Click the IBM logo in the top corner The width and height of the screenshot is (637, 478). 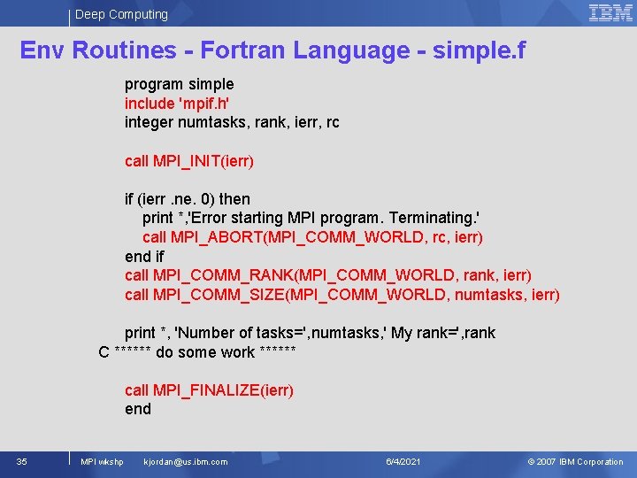coord(610,12)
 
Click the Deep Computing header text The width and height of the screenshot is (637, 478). coord(121,14)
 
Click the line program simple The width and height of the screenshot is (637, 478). coord(179,84)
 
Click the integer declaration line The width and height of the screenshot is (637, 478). coord(232,122)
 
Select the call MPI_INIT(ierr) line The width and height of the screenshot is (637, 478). coord(189,161)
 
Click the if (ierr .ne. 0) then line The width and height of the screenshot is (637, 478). coord(188,199)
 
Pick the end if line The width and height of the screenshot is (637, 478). coord(144,257)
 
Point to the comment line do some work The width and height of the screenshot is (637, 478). coord(197,352)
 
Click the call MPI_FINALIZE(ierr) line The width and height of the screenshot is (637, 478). coord(209,390)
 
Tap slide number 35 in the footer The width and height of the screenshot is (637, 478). coord(21,461)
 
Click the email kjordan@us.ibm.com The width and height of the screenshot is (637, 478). coord(185,461)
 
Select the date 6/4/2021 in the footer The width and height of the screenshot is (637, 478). coord(403,461)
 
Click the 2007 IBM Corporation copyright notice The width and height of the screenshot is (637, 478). coord(575,461)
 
